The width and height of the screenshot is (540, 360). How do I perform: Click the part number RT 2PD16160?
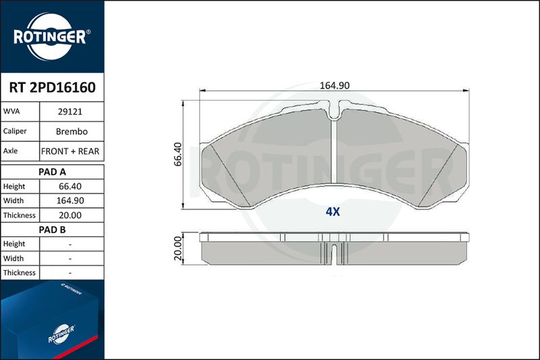(x=53, y=88)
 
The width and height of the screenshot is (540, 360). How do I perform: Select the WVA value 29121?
(x=70, y=111)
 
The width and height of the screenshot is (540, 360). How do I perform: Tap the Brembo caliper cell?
(x=72, y=131)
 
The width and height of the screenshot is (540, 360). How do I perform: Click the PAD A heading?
(x=53, y=172)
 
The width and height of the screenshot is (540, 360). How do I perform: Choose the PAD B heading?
(x=53, y=230)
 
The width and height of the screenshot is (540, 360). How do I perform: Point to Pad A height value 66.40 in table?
(x=70, y=186)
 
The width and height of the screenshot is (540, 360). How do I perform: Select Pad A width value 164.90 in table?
(x=70, y=201)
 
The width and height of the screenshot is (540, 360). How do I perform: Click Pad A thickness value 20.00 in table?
(x=70, y=215)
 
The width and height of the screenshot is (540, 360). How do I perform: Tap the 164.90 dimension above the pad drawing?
(x=335, y=85)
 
